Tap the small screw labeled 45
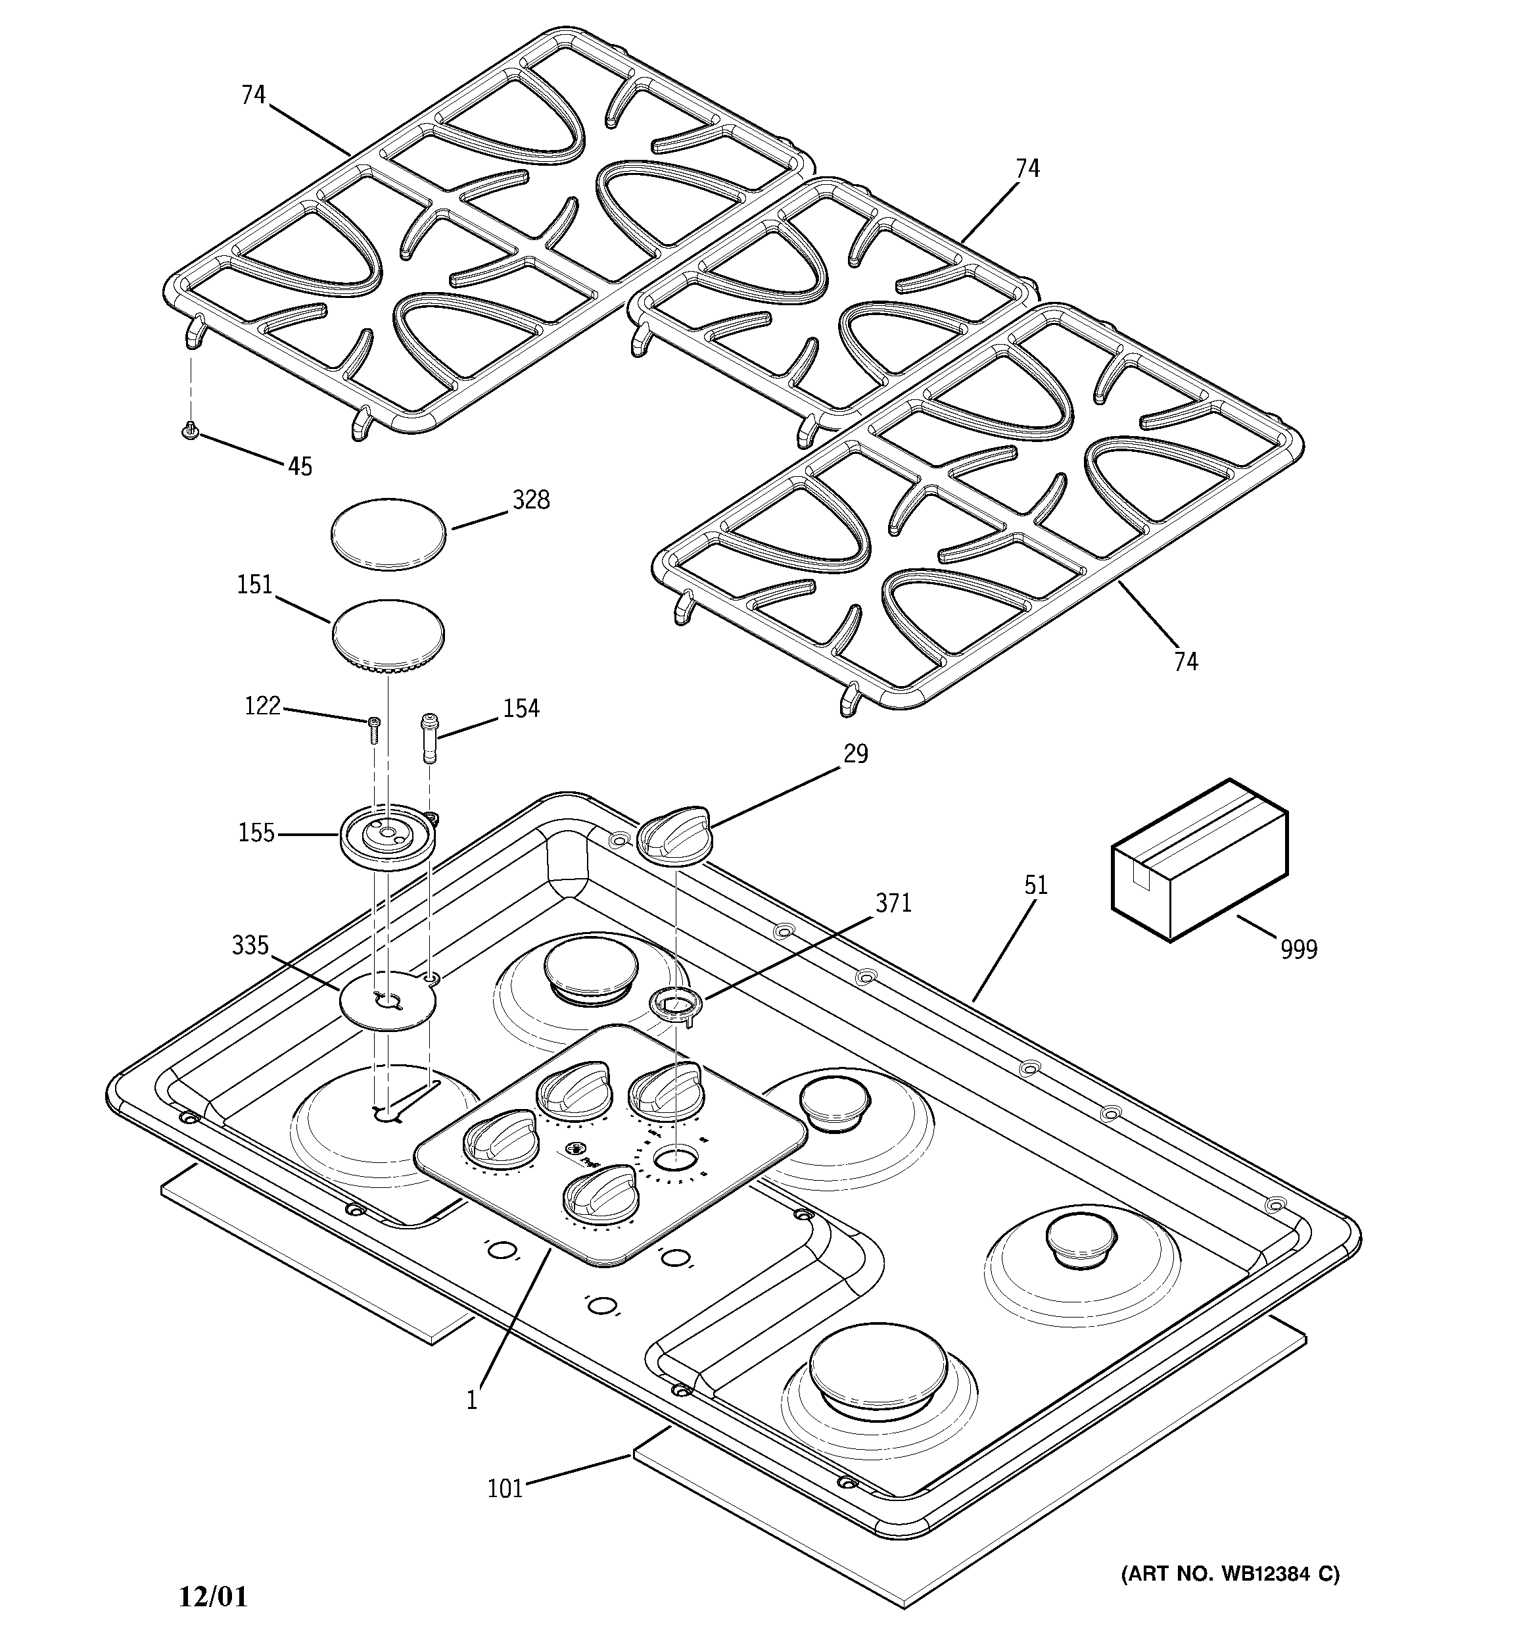(191, 430)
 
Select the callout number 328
(530, 499)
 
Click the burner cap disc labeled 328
(390, 534)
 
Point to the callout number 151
(254, 585)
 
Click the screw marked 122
(374, 728)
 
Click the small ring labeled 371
(675, 1003)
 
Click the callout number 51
(1035, 885)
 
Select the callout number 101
(505, 1488)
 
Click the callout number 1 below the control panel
(471, 1400)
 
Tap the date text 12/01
(213, 1596)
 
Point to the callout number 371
(893, 903)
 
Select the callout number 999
(1298, 949)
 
